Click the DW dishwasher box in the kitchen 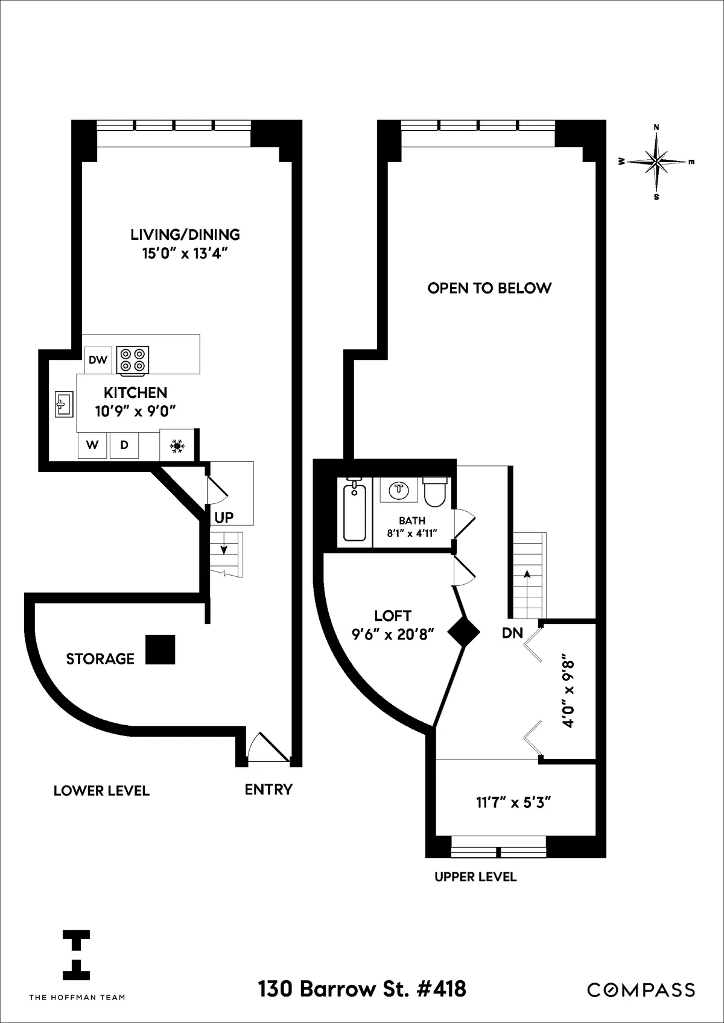click(97, 360)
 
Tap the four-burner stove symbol click(133, 360)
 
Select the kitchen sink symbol click(64, 404)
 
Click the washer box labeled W click(92, 445)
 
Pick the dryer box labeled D click(124, 445)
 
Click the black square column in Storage click(160, 650)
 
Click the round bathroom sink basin click(399, 489)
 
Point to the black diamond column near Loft click(463, 632)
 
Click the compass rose click(656, 162)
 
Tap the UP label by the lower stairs click(224, 517)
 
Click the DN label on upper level click(512, 634)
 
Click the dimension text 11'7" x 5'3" click(514, 802)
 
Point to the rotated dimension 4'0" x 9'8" click(568, 693)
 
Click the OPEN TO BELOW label click(489, 288)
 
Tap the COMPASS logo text click(641, 990)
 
